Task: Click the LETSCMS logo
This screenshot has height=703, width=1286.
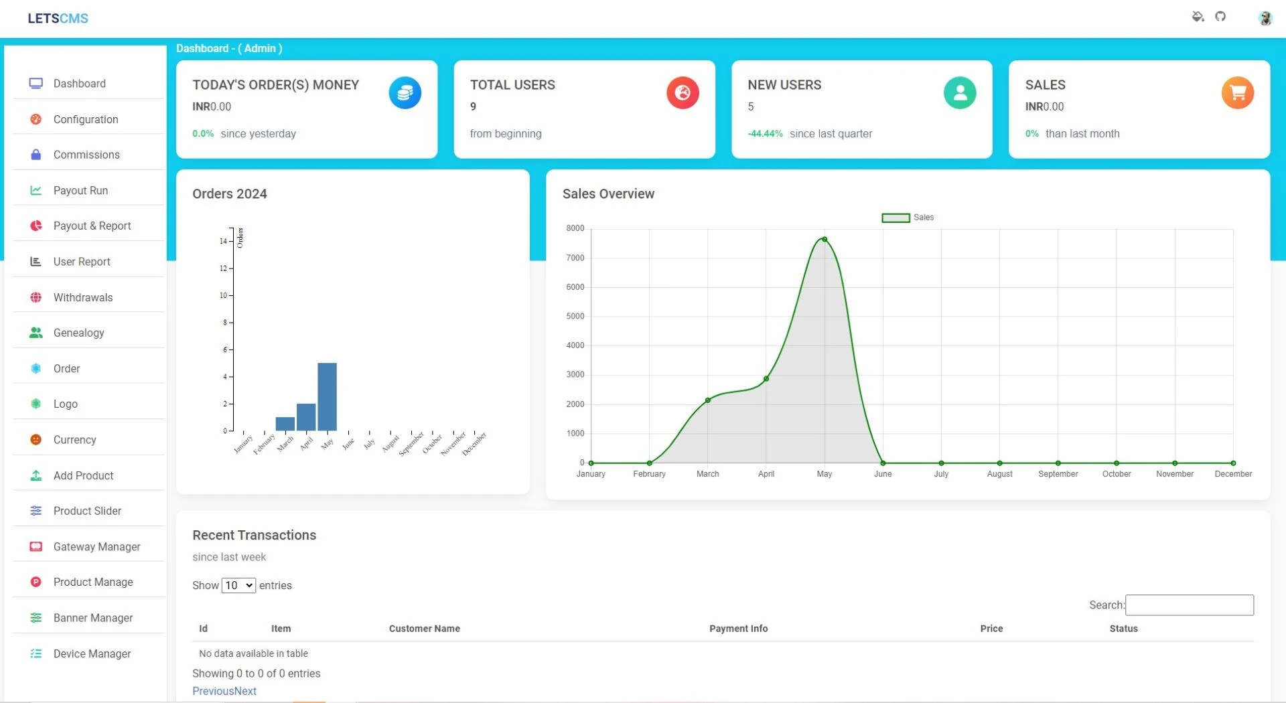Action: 58,18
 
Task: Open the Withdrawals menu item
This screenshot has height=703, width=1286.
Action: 82,297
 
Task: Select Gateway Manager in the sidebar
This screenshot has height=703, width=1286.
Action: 96,546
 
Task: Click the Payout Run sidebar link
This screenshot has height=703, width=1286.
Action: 80,190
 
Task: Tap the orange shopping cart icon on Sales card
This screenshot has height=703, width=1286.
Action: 1237,93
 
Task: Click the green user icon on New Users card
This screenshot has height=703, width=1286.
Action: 959,93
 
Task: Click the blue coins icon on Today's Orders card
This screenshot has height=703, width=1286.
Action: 405,93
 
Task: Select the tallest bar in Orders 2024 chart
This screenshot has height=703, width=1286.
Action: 327,396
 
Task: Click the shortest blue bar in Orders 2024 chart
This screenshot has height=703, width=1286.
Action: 285,424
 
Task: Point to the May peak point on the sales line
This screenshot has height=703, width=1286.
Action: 824,239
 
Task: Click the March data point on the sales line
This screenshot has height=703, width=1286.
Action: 707,400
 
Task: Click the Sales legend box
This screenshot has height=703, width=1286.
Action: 895,218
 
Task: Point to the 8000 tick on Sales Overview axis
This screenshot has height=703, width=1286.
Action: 575,228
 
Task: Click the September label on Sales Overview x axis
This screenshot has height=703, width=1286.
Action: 1058,474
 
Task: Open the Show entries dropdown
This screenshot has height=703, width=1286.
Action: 238,585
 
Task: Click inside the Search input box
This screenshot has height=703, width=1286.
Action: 1189,605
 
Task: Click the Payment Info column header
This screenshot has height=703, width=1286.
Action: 738,629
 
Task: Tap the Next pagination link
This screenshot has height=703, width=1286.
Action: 245,691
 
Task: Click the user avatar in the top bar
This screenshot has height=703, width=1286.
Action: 1265,18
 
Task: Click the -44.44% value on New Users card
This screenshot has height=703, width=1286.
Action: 765,134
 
